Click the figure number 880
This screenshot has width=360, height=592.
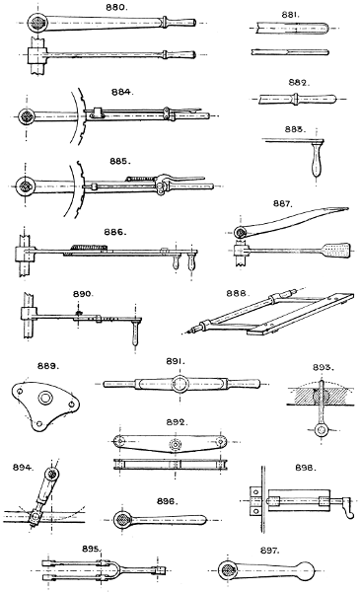[116, 8]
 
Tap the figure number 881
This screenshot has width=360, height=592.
[291, 15]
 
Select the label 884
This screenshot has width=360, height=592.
[122, 92]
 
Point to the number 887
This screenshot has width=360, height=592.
[283, 203]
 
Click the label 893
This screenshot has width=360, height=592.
[324, 367]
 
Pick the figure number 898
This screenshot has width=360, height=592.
[306, 468]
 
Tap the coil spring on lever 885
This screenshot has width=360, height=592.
[140, 178]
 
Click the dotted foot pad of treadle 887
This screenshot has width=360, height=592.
[336, 250]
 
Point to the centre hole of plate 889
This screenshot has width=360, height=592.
[45, 398]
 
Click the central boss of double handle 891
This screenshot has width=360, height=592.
[180, 384]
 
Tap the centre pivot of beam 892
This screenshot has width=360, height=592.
[176, 444]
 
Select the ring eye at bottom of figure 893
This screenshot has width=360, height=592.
[322, 429]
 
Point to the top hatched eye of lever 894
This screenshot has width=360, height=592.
[51, 475]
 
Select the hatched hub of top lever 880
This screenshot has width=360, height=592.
[36, 20]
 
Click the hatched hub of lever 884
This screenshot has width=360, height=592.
[27, 115]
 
